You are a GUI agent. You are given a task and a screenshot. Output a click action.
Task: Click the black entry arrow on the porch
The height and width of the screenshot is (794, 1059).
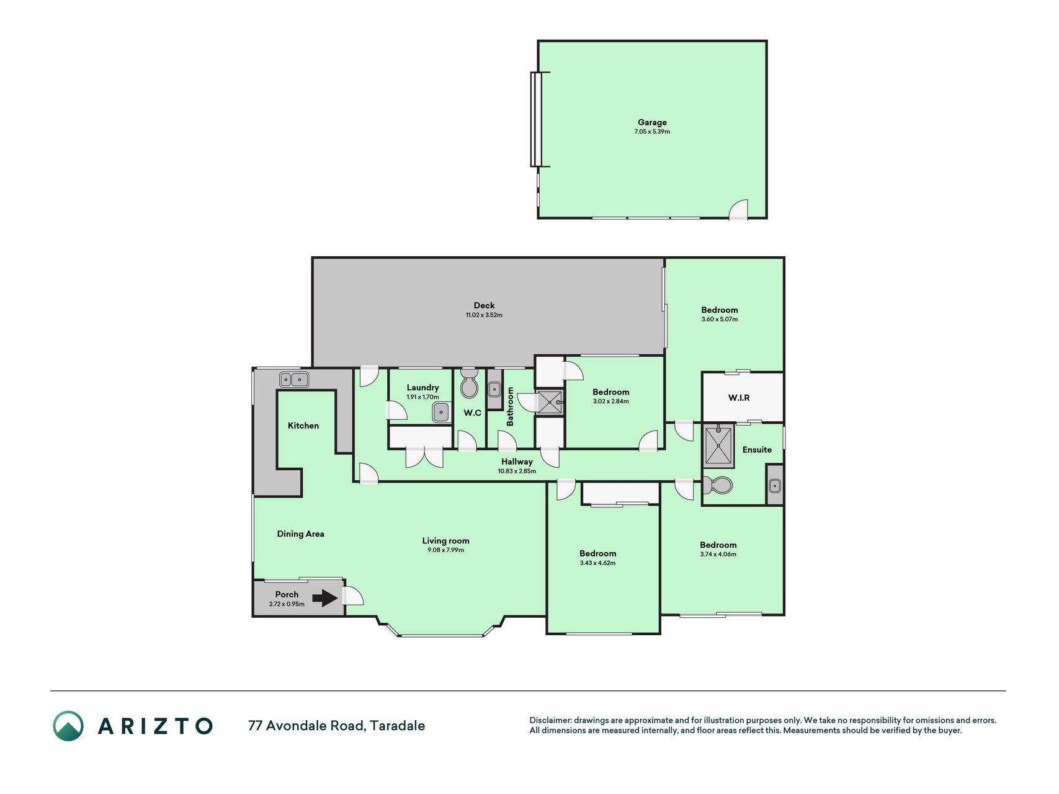pyautogui.click(x=324, y=598)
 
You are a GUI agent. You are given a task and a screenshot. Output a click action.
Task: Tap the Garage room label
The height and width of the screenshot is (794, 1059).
pyautogui.click(x=652, y=122)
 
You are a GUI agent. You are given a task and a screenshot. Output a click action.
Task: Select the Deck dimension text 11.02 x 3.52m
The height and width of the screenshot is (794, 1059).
pyautogui.click(x=484, y=315)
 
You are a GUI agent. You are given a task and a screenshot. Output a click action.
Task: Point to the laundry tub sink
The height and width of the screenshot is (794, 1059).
pyautogui.click(x=441, y=412)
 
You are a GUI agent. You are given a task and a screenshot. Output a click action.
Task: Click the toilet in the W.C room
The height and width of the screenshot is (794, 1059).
pyautogui.click(x=470, y=385)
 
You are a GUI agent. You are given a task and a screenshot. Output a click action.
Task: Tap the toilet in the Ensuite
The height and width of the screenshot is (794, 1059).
pyautogui.click(x=718, y=485)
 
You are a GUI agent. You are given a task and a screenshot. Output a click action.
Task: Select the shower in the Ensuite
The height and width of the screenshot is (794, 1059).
pyautogui.click(x=718, y=445)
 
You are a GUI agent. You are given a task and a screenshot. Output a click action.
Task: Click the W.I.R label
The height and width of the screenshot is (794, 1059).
pyautogui.click(x=739, y=398)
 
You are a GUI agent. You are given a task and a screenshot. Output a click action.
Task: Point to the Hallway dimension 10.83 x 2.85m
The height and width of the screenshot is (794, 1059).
pyautogui.click(x=517, y=471)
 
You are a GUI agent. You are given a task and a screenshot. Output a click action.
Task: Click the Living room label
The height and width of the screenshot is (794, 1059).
pyautogui.click(x=445, y=541)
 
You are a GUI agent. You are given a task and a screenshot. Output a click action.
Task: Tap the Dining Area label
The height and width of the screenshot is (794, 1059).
pyautogui.click(x=300, y=533)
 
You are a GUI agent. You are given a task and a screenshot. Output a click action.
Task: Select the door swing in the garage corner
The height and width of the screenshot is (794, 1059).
pyautogui.click(x=738, y=209)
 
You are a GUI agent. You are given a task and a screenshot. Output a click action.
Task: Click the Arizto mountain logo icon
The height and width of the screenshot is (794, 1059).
pyautogui.click(x=68, y=726)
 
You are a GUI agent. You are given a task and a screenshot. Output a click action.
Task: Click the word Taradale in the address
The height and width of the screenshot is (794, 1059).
pyautogui.click(x=398, y=726)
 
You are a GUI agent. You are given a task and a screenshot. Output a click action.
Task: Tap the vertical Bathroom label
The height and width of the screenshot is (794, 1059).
pyautogui.click(x=511, y=406)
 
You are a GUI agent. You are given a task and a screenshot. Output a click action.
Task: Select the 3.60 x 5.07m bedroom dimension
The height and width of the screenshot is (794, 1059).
pyautogui.click(x=720, y=319)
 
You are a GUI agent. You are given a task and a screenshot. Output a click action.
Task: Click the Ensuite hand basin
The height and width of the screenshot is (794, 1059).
pyautogui.click(x=774, y=486)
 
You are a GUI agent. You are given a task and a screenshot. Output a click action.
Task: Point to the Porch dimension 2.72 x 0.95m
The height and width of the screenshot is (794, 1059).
pyautogui.click(x=287, y=604)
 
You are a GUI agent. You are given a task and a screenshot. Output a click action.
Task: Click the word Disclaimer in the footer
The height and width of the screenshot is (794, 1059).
pyautogui.click(x=550, y=721)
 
